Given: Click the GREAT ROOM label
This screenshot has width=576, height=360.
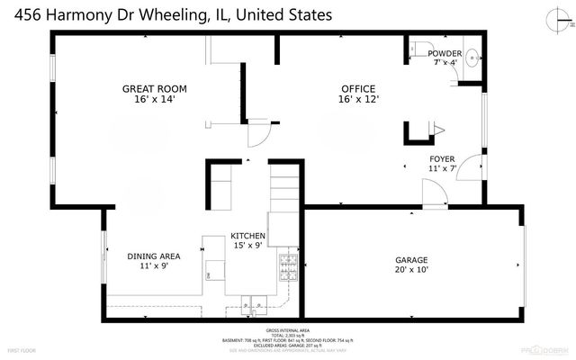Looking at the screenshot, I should click(155, 88).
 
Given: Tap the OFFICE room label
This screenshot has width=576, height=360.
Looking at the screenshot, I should click(357, 88).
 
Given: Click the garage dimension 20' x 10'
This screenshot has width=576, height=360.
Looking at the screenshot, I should click(411, 269).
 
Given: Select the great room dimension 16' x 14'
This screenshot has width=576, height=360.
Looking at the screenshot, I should click(155, 99).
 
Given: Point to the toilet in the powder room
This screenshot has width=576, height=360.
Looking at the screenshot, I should click(421, 49).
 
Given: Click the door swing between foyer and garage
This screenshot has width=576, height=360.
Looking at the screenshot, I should click(434, 193).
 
